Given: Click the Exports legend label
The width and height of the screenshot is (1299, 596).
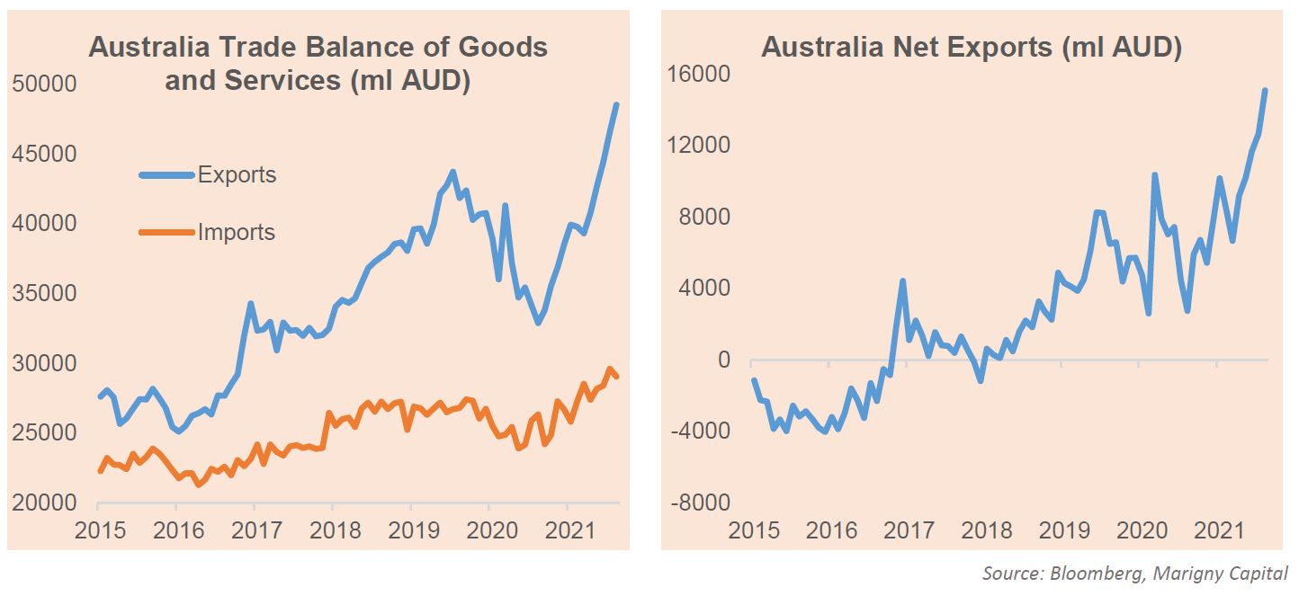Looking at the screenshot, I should point(237,174).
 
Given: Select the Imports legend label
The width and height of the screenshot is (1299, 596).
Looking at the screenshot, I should point(237,233).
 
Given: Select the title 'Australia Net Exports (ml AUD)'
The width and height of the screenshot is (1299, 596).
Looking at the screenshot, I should point(972,48).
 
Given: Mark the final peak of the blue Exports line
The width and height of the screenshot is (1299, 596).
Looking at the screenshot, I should point(616,105).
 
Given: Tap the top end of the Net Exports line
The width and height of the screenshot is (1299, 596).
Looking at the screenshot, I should point(1265,90).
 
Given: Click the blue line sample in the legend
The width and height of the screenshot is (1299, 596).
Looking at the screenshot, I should point(167,174).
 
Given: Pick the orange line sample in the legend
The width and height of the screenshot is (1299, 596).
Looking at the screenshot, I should point(167,233).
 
